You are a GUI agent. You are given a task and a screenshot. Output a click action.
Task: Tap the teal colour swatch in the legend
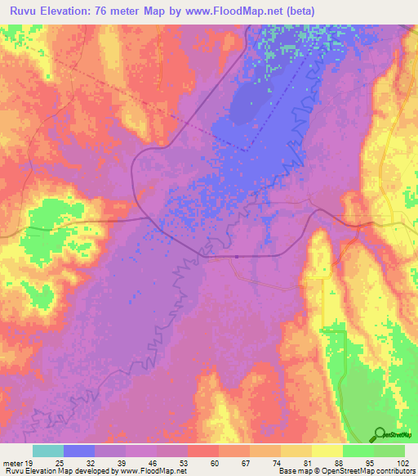[48, 451]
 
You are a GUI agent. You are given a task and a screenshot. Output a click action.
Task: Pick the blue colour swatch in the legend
[79, 451]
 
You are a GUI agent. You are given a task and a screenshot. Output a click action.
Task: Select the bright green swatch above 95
[358, 451]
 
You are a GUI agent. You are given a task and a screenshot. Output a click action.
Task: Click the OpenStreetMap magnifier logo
[381, 434]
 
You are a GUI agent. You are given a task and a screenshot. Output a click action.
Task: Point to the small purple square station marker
[236, 256]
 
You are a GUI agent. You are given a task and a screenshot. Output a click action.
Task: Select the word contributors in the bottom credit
[394, 472]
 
